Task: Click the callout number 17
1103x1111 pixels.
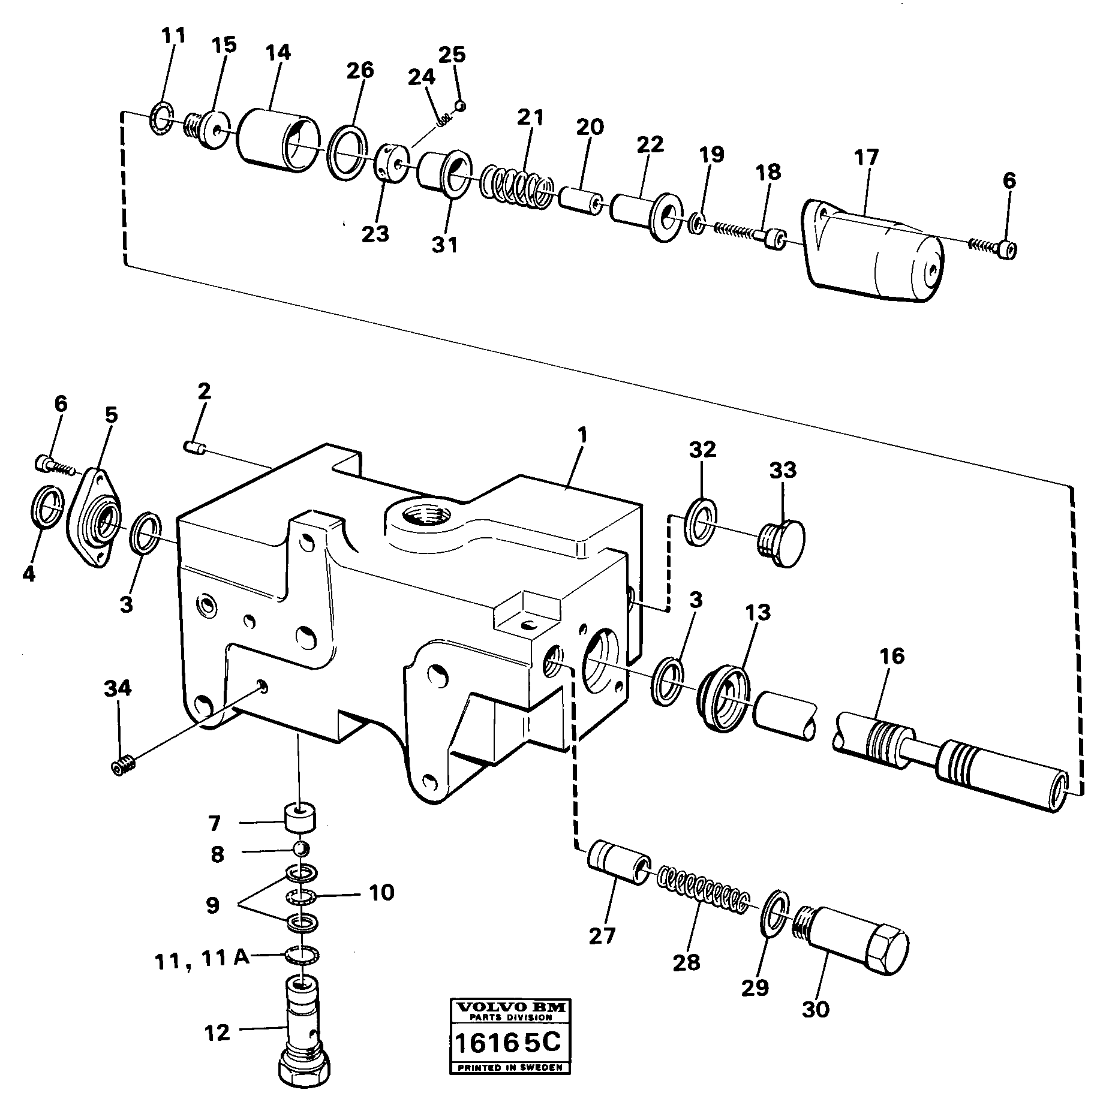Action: click(x=865, y=158)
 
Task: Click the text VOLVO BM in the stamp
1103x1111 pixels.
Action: click(x=511, y=1008)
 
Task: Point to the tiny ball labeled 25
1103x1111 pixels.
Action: click(x=460, y=106)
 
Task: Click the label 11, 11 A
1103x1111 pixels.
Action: click(x=202, y=958)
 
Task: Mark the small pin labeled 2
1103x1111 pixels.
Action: click(x=194, y=447)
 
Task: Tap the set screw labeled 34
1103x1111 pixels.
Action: click(x=123, y=764)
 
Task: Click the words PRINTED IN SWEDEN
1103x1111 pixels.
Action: click(x=510, y=1068)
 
